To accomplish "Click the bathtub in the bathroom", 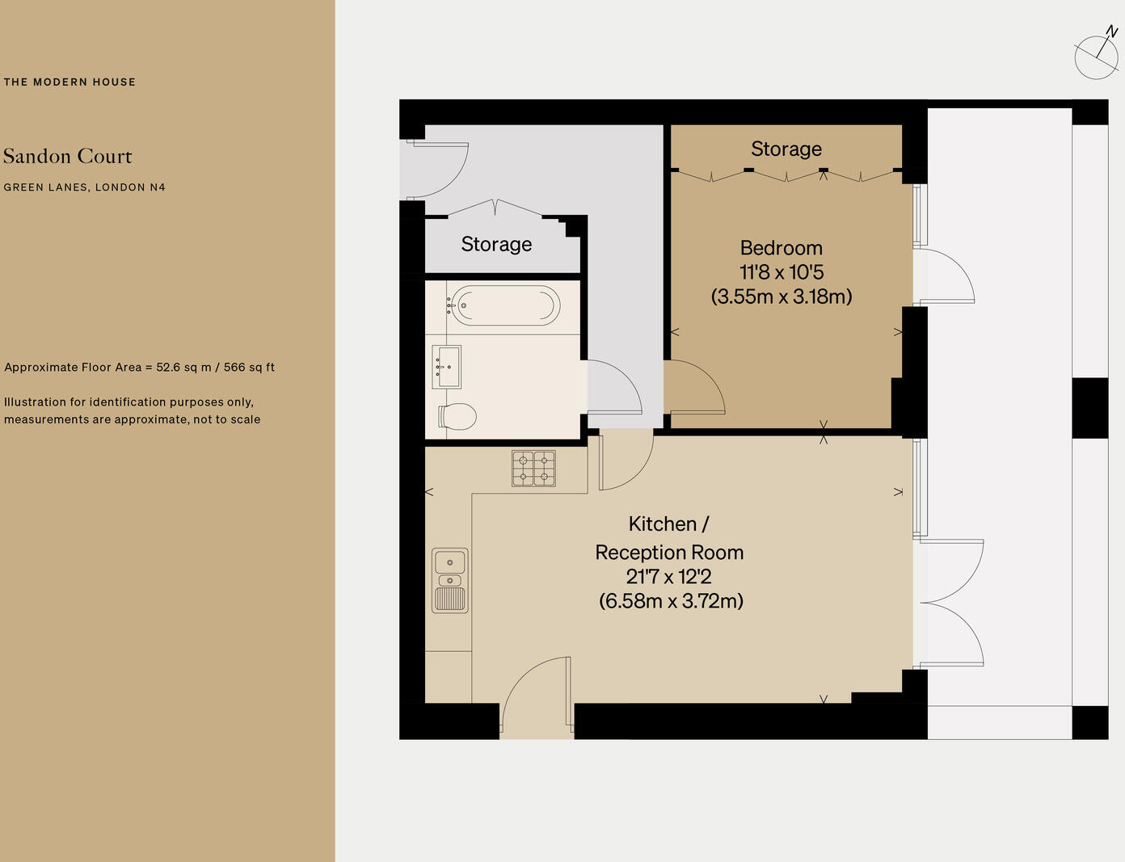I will pyautogui.click(x=504, y=306).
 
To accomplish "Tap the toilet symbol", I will pyautogui.click(x=457, y=416).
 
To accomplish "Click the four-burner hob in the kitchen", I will pyautogui.click(x=533, y=469).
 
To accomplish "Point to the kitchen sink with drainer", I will pyautogui.click(x=450, y=580).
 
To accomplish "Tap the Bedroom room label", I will pyautogui.click(x=781, y=248).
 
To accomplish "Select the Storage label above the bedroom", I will pyautogui.click(x=786, y=149).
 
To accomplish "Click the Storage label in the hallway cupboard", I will pyautogui.click(x=496, y=244).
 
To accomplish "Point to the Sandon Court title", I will pyautogui.click(x=68, y=156).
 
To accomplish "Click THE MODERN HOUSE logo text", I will pyautogui.click(x=70, y=82).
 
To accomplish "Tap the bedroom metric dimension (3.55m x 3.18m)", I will pyautogui.click(x=781, y=296).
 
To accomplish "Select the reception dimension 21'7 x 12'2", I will pyautogui.click(x=668, y=577).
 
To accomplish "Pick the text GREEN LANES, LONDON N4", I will pyautogui.click(x=84, y=187).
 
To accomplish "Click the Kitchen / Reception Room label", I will pyautogui.click(x=669, y=538).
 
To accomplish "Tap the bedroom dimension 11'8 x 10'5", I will pyautogui.click(x=781, y=272).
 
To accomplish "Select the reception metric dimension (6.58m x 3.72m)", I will pyautogui.click(x=671, y=601).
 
